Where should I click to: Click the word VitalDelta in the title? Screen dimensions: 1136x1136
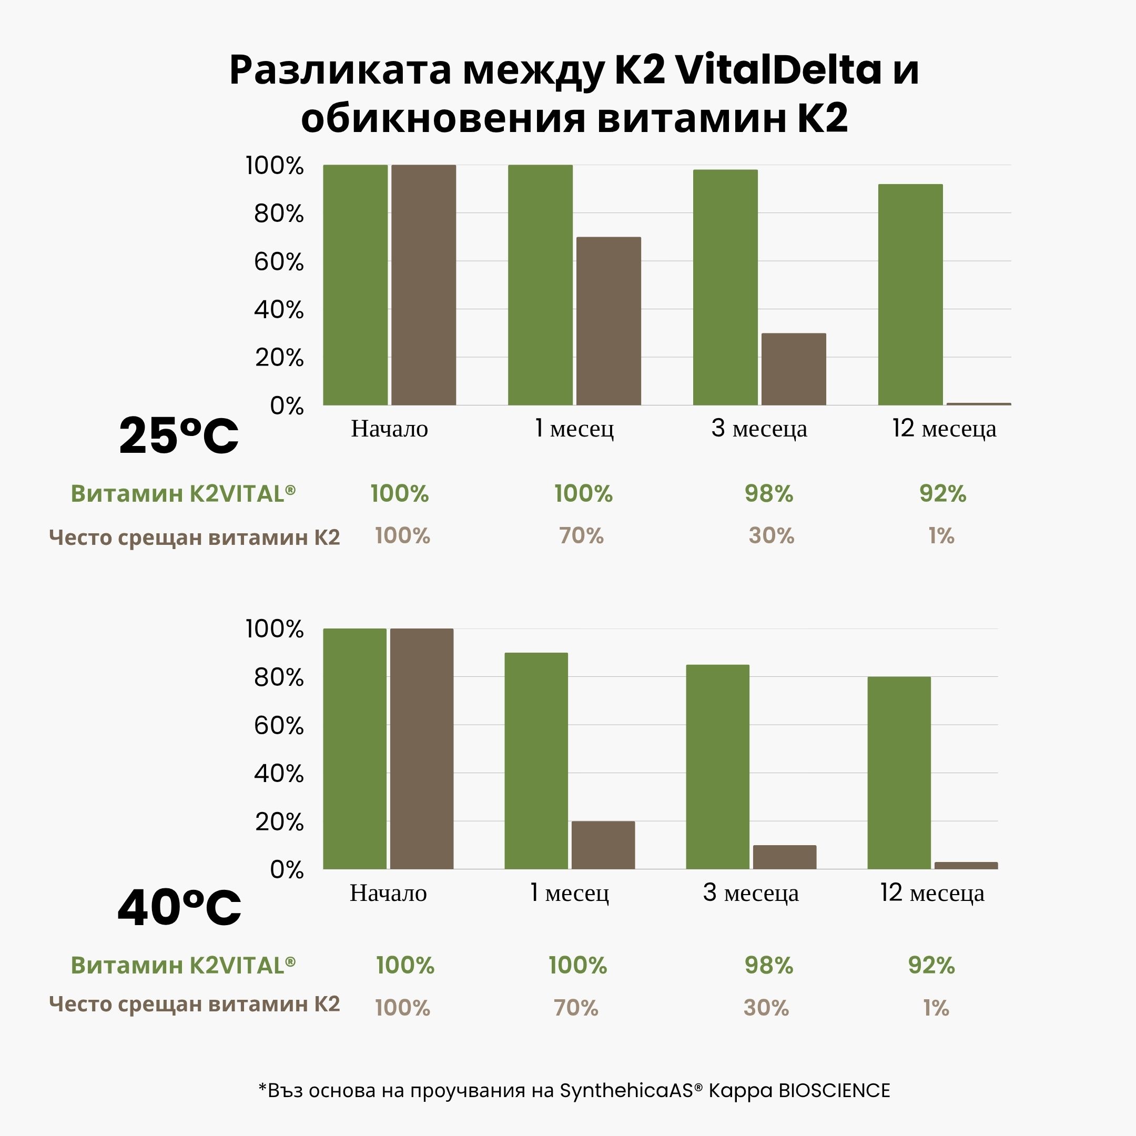[778, 70]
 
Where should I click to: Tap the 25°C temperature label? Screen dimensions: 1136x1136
[179, 435]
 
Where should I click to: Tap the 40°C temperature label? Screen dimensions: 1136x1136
[179, 907]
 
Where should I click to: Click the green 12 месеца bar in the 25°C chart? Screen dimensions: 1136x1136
[910, 295]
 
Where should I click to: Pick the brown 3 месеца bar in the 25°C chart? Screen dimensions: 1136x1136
[793, 369]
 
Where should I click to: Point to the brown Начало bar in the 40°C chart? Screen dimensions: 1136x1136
[422, 748]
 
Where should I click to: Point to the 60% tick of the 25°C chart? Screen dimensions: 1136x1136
[279, 262]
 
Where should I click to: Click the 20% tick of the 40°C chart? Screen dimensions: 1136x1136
[279, 821]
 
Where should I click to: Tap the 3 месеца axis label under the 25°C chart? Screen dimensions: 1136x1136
[758, 429]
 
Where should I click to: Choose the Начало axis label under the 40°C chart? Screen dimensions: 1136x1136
[388, 893]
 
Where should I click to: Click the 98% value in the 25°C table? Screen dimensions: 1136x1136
[768, 493]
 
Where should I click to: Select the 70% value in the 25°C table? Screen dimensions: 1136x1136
[581, 536]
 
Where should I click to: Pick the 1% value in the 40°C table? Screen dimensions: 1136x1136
[936, 1008]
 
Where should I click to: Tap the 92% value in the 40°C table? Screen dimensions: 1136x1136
[931, 966]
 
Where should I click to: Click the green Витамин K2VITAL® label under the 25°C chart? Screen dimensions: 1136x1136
[183, 493]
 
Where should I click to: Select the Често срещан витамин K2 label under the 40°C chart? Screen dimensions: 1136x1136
[194, 1003]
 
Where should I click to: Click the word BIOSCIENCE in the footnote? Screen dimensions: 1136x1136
[834, 1090]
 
